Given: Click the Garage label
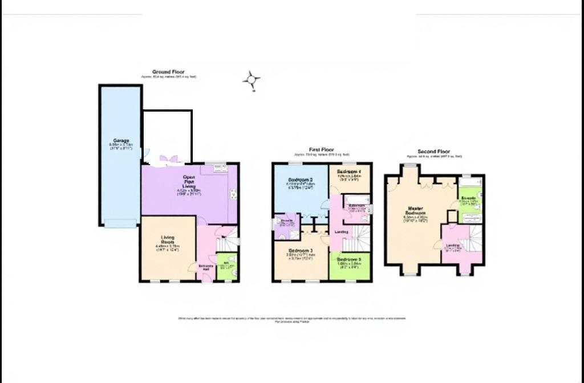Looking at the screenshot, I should pos(121,140).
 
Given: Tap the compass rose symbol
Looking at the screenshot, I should pos(252,80).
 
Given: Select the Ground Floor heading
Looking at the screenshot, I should pos(168,72).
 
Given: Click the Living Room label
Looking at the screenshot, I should pos(168,238).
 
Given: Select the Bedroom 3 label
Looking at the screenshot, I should pos(299,251).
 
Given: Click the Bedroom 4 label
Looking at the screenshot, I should pos(349,172).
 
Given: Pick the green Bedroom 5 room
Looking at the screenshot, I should pos(350,268).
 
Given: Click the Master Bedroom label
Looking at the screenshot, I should pos(415,211).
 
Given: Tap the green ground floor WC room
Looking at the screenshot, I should pos(227,268).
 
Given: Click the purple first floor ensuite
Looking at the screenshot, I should pos(286,227).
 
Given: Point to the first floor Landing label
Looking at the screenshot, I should pos(342,232).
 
